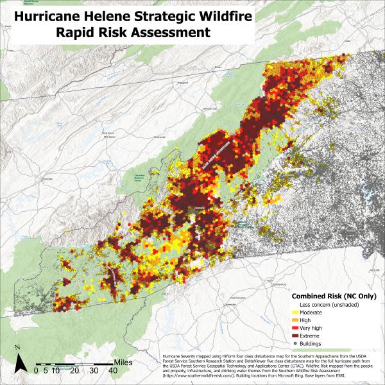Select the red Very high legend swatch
tap(296, 327)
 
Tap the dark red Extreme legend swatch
tap(296, 335)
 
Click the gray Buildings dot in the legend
tap(296, 343)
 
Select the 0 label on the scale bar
tap(37, 370)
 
